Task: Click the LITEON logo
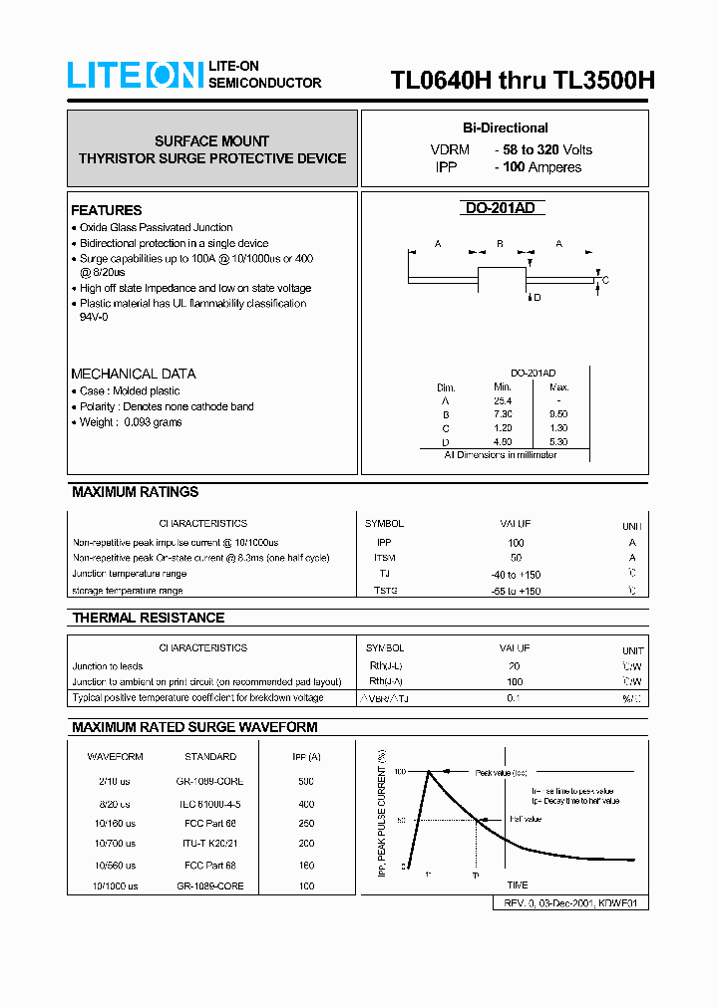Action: coord(135,75)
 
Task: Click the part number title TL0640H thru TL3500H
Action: coord(522,81)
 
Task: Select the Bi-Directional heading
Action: coord(505,127)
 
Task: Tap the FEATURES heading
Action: coord(106,210)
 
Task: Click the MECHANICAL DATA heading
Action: coord(133,374)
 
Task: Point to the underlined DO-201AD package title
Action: coord(505,208)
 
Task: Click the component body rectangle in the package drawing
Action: coord(504,279)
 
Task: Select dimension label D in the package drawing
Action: coord(537,297)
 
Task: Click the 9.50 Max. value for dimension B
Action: coord(559,413)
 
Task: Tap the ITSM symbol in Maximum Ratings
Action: coord(384,558)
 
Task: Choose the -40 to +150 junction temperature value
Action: coord(516,575)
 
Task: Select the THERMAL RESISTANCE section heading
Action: coord(148,618)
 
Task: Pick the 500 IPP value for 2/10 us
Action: coord(305,782)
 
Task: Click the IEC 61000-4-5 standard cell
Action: coord(210,803)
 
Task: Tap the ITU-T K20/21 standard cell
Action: coord(210,844)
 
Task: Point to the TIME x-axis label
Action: coord(518,884)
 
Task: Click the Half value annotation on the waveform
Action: coord(525,819)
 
